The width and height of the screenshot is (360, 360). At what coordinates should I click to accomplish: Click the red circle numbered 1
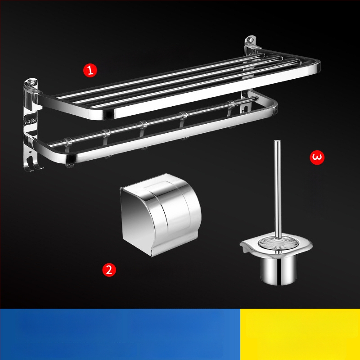pyautogui.click(x=90, y=70)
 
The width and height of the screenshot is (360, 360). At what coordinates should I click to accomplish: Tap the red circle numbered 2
pyautogui.click(x=109, y=270)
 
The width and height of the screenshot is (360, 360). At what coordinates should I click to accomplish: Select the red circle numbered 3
pyautogui.click(x=317, y=157)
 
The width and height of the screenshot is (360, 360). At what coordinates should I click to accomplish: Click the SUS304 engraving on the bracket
pyautogui.click(x=30, y=121)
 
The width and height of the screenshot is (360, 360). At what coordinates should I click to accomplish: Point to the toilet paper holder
pyautogui.click(x=161, y=215)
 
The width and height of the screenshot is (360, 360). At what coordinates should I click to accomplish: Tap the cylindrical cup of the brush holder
pyautogui.click(x=278, y=270)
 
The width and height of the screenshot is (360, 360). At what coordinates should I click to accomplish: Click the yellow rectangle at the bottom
pyautogui.click(x=300, y=334)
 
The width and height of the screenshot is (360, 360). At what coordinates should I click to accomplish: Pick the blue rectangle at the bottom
pyautogui.click(x=120, y=334)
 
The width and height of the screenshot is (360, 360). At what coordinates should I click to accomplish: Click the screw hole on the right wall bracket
pyautogui.click(x=251, y=40)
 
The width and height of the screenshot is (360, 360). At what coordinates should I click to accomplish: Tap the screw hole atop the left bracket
pyautogui.click(x=31, y=83)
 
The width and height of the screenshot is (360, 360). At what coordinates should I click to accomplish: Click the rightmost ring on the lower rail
pyautogui.click(x=231, y=105)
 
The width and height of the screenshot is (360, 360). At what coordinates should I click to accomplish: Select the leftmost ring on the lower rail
pyautogui.click(x=68, y=142)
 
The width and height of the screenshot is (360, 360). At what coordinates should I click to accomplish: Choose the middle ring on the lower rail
pyautogui.click(x=144, y=125)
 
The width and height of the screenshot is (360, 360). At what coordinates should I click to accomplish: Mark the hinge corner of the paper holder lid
pyautogui.click(x=121, y=189)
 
